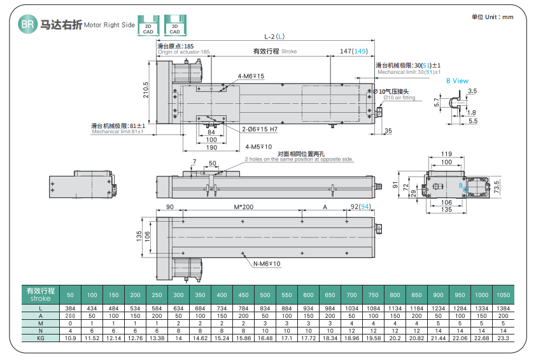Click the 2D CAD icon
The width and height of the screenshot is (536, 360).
coord(148,24)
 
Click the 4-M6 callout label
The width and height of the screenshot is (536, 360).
coord(250,76)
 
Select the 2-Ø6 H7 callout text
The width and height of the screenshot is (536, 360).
coord(259,129)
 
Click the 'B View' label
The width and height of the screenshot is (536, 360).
coord(456,81)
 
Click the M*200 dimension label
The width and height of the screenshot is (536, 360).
coord(243,208)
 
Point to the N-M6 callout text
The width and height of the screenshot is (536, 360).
coord(267,263)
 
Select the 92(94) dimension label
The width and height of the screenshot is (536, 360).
coord(360,208)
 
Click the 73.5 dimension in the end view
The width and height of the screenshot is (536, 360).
coord(497,186)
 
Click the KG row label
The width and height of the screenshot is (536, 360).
coord(39,337)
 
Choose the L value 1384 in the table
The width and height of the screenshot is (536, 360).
coord(503,308)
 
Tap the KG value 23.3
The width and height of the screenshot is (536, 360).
coord(503,337)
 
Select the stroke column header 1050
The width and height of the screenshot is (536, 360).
coord(503,294)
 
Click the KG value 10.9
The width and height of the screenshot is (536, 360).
coord(71,337)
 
